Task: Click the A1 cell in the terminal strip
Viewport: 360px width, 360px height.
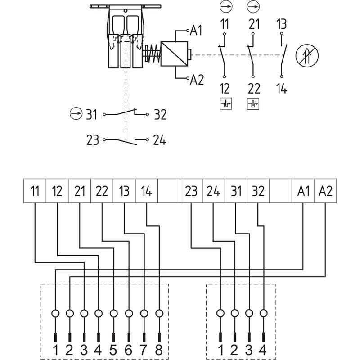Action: point(303,191)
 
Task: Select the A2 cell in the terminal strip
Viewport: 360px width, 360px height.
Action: point(325,191)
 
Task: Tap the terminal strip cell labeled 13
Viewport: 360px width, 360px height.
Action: point(124,191)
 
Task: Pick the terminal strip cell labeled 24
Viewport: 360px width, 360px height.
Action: point(213,191)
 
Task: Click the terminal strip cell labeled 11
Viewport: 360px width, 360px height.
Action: point(35,191)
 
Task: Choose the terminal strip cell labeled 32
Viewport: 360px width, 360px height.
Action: point(258,191)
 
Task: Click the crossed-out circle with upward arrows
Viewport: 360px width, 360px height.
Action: point(307,55)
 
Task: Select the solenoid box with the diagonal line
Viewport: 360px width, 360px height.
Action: point(174,54)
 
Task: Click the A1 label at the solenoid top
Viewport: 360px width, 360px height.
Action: point(196,30)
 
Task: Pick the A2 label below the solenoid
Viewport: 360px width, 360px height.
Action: point(197,80)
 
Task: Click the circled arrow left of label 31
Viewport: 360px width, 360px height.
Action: point(76,113)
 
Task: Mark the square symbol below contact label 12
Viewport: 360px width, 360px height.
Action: point(226,104)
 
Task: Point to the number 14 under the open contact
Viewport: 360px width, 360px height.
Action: point(282,89)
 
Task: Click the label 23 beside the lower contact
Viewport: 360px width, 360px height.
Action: point(93,140)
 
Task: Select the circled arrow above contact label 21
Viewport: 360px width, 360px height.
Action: point(253,7)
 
